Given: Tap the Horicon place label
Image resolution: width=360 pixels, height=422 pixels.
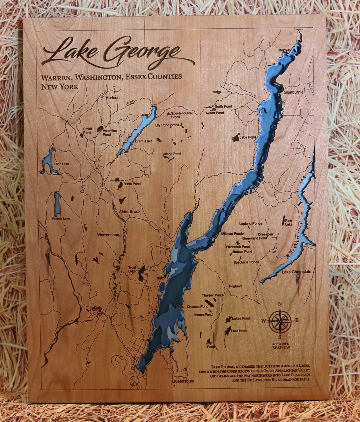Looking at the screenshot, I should (112, 98).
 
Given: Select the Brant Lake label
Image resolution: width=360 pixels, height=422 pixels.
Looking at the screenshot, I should (144, 141).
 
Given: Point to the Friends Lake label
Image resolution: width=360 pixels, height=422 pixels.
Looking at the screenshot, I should (61, 219).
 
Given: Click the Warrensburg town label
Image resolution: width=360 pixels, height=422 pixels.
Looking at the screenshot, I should (109, 235).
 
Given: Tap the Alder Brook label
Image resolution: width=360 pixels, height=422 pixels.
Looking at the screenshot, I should (130, 212).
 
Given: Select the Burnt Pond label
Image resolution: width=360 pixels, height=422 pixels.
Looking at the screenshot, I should (132, 184).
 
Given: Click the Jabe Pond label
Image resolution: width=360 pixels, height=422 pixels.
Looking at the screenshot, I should (248, 137).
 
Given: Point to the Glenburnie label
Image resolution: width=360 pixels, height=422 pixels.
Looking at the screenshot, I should (293, 92).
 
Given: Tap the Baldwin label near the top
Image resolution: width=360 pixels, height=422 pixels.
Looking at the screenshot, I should (285, 50).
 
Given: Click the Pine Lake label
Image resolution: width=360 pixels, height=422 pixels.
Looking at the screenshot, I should (289, 222).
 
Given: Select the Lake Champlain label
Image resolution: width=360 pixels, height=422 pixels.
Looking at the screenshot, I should (296, 272).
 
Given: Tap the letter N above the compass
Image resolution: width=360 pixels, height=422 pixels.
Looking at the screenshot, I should (280, 304).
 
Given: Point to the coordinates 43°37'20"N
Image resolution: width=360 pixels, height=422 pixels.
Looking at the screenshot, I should (281, 344).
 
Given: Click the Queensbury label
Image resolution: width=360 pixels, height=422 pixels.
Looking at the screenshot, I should (183, 381).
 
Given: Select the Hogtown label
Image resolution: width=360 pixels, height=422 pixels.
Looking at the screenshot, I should (235, 286).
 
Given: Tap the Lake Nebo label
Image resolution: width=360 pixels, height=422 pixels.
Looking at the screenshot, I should (239, 331).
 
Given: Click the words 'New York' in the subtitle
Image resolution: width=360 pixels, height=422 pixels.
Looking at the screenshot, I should (60, 87).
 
